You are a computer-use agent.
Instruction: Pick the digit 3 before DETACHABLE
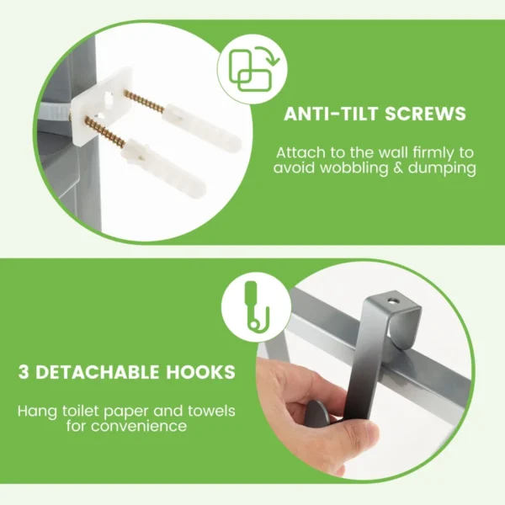point(24,371)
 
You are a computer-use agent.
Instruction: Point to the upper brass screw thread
point(146,103)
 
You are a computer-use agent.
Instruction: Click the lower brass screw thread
point(104,132)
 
